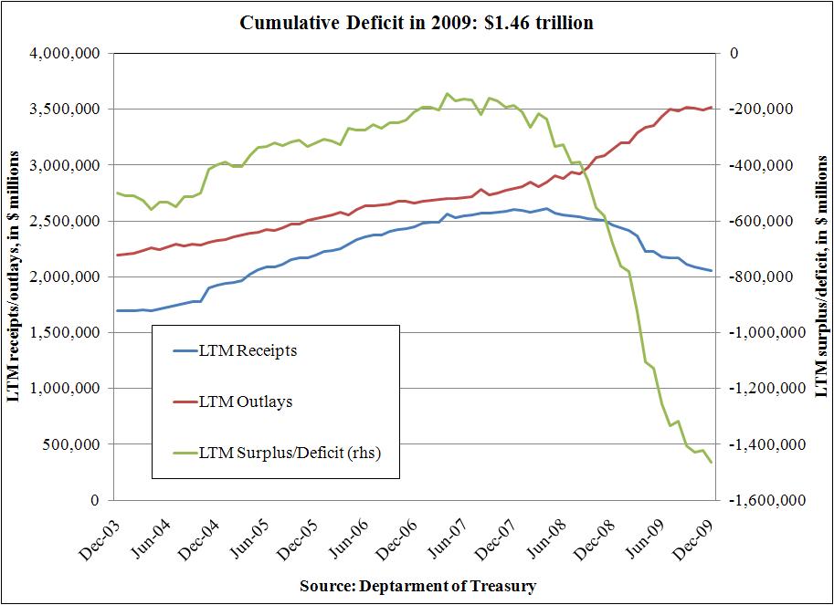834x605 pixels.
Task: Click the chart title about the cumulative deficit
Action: pos(417,23)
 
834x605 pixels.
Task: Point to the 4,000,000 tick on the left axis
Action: pos(67,54)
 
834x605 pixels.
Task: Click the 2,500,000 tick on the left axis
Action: pos(67,222)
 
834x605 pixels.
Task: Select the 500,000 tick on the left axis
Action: pos(74,445)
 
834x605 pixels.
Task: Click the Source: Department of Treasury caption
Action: pos(417,586)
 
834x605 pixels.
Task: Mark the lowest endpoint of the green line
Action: pos(712,462)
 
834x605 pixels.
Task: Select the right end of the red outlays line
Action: pos(712,107)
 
